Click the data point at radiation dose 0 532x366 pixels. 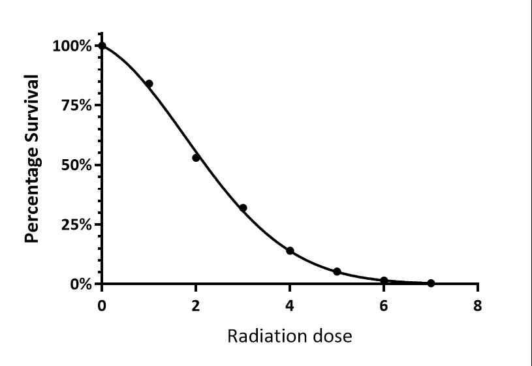point(102,46)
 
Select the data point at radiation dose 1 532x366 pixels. point(149,84)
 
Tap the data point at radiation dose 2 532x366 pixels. point(196,157)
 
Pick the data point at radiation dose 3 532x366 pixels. point(243,207)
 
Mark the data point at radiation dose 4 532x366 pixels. point(290,251)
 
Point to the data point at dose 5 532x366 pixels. point(337,271)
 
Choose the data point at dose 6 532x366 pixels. point(384,281)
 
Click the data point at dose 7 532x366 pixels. point(431,283)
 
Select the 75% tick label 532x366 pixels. point(76,106)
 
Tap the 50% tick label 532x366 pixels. point(76,165)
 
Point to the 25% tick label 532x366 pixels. point(76,224)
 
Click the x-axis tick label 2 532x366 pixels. point(196,306)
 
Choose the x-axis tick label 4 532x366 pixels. point(290,306)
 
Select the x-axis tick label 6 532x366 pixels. point(384,306)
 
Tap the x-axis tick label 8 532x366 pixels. point(478,306)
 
